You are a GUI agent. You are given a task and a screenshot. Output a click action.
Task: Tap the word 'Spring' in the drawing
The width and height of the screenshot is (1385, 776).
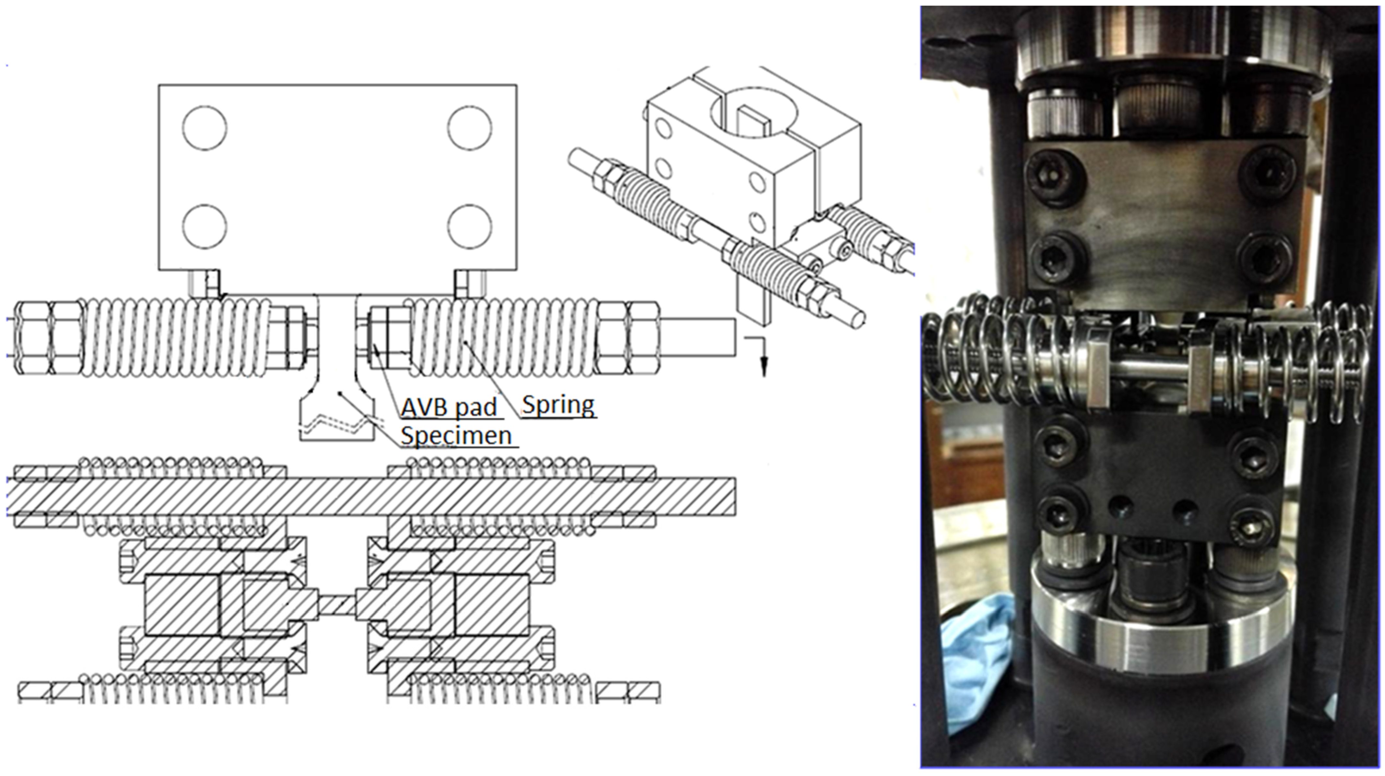click(559, 405)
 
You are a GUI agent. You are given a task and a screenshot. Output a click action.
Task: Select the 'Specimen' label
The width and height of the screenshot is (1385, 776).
click(456, 436)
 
